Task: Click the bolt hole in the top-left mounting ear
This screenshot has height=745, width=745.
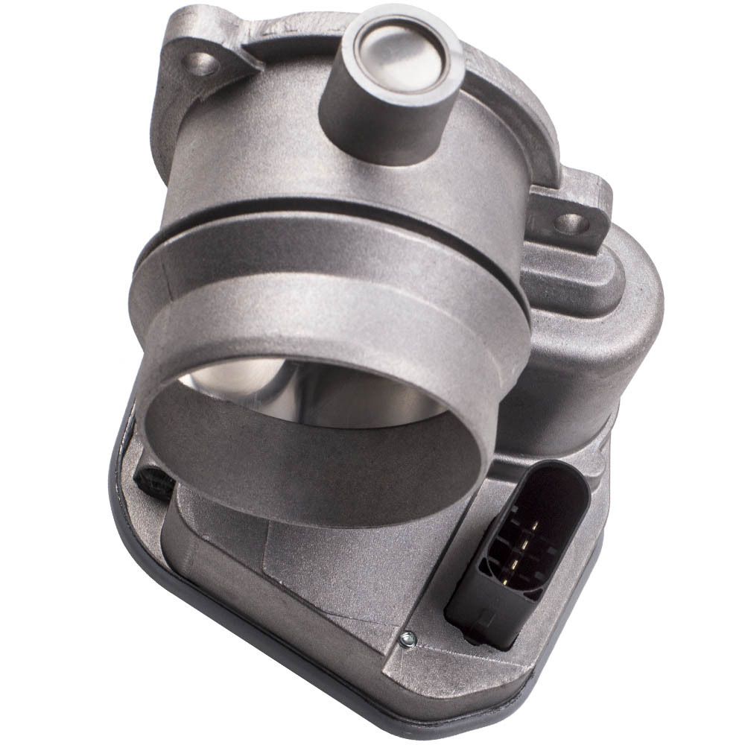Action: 200,64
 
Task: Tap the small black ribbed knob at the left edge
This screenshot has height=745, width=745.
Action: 153,481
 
